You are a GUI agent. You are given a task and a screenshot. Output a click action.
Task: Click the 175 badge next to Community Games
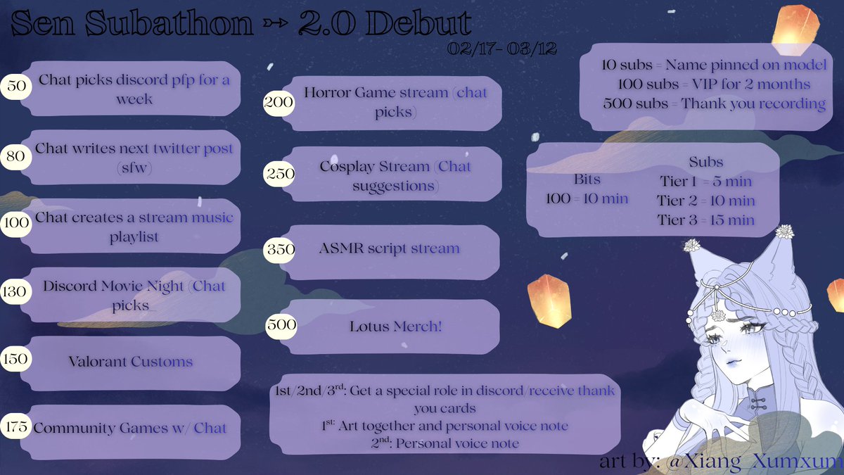[x=14, y=427]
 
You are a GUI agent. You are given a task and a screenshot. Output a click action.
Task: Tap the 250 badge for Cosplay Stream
[x=279, y=174]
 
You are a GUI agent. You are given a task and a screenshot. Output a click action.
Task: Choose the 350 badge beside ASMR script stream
[x=279, y=248]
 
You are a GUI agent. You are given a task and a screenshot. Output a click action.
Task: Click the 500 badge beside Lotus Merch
[x=281, y=325]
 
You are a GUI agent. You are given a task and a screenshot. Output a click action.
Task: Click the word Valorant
[x=98, y=362]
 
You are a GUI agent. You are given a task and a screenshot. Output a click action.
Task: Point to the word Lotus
[x=370, y=327]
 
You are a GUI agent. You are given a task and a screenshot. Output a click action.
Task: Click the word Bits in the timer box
[x=587, y=179]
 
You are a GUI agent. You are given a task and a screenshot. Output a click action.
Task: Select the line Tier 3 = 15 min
[x=706, y=220]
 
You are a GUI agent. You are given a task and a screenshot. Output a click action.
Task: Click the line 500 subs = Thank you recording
[x=714, y=103]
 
